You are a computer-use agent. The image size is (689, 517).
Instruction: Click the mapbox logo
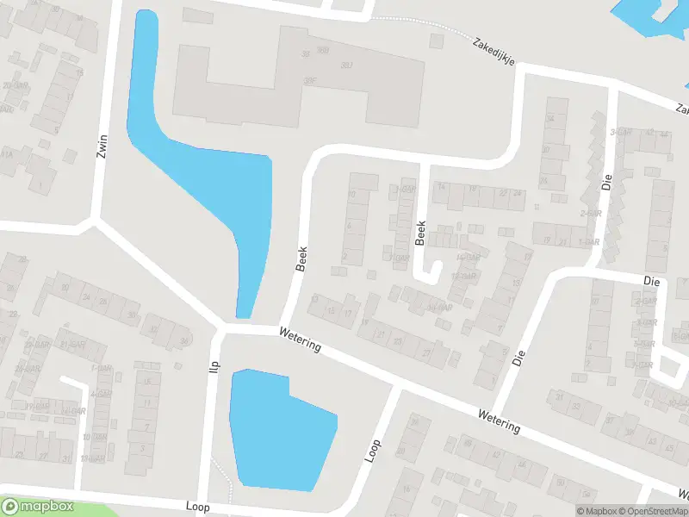(38, 507)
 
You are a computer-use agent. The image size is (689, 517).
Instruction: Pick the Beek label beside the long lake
(301, 258)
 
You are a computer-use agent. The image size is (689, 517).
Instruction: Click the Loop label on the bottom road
(197, 507)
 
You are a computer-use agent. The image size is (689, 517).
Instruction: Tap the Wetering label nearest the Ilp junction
(300, 339)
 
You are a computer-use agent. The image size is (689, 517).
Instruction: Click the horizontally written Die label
(651, 281)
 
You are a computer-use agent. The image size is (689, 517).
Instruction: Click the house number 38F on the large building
(309, 82)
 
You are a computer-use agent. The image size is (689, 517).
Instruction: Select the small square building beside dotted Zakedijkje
(197, 16)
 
